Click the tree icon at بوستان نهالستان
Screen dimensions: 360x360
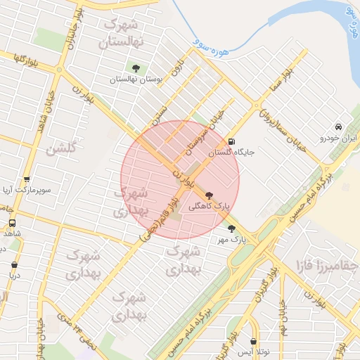(135, 68)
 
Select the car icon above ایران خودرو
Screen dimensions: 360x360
(339, 127)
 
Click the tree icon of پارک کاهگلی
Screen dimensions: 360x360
(208, 195)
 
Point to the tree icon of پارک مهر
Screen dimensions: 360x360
(231, 228)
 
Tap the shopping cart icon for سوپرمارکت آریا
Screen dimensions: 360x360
(27, 179)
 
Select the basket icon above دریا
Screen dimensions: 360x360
(15, 265)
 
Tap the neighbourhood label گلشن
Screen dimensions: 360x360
(61, 149)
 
